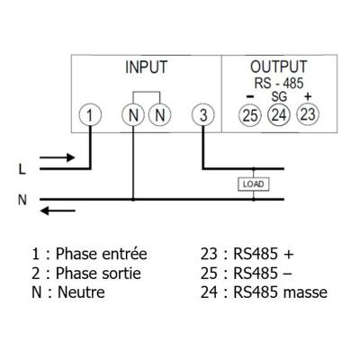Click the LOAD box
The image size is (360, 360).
(x=254, y=184)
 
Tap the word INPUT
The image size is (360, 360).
(x=146, y=67)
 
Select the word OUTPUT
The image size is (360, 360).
(x=279, y=67)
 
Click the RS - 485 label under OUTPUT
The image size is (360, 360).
(x=279, y=83)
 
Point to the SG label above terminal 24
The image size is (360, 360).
(x=279, y=96)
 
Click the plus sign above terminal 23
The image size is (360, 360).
(x=308, y=96)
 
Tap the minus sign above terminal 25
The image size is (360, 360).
(x=250, y=96)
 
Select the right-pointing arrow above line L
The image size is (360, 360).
(x=57, y=157)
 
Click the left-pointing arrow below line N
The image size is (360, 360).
(x=58, y=211)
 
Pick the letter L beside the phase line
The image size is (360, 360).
(x=22, y=170)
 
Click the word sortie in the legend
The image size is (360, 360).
(x=122, y=274)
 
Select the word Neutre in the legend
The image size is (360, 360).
(x=81, y=292)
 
